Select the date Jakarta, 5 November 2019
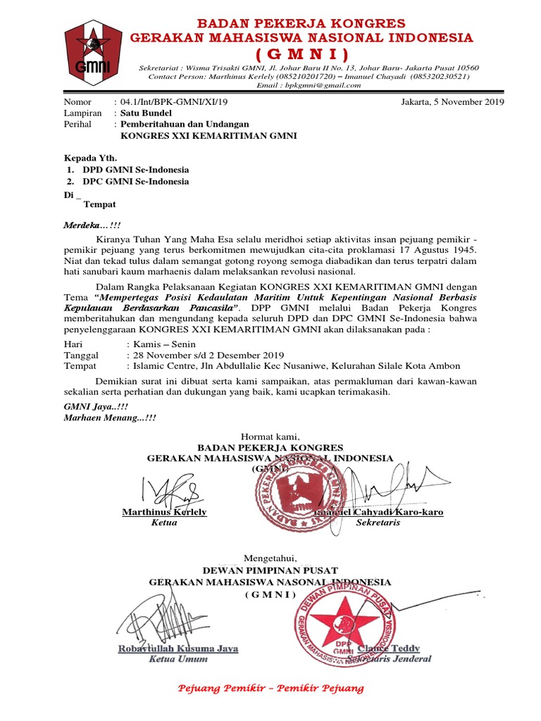pyautogui.click(x=452, y=102)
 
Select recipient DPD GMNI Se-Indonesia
pyautogui.click(x=135, y=170)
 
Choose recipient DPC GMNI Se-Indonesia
pyautogui.click(x=135, y=182)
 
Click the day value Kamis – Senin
pyautogui.click(x=161, y=344)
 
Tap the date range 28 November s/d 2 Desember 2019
pyautogui.click(x=205, y=355)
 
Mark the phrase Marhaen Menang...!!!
pyautogui.click(x=110, y=418)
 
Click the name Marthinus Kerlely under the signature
pyautogui.click(x=164, y=512)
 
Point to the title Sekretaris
pyautogui.click(x=378, y=523)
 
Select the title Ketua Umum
pyautogui.click(x=178, y=659)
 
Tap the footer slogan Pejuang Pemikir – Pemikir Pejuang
pyautogui.click(x=270, y=688)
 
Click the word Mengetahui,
pyautogui.click(x=270, y=558)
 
